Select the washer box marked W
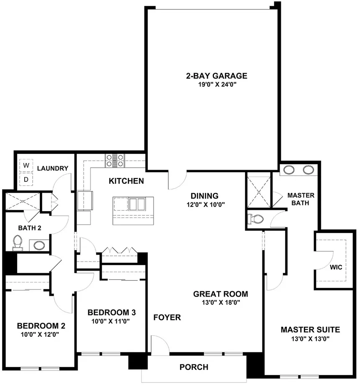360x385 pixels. (26, 165)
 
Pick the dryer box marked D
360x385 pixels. (26, 179)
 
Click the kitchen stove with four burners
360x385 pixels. (115, 160)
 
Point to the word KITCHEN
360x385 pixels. (126, 181)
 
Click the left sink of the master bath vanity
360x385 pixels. (288, 170)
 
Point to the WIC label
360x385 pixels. (335, 266)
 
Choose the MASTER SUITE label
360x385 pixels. (310, 330)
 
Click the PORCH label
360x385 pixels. (194, 367)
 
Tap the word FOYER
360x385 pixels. (167, 318)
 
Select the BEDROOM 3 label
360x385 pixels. (111, 313)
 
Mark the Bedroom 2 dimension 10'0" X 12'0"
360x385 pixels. (41, 334)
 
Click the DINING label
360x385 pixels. (205, 196)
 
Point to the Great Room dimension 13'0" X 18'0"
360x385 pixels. (221, 302)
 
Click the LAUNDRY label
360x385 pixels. (52, 168)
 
